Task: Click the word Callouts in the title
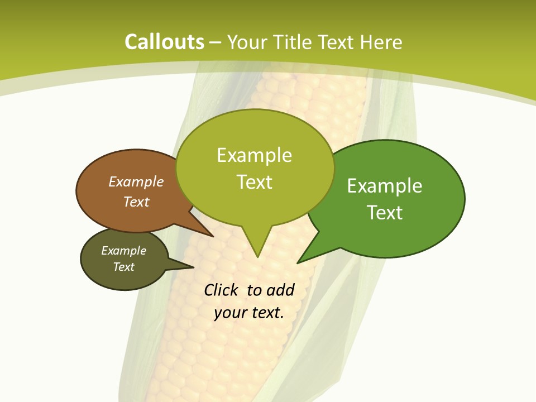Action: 164,42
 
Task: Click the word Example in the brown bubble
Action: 136,181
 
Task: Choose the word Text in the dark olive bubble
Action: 124,267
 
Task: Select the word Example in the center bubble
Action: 254,155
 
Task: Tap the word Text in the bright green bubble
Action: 385,212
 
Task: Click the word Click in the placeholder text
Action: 222,290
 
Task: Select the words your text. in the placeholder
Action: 249,313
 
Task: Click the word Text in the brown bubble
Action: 136,202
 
